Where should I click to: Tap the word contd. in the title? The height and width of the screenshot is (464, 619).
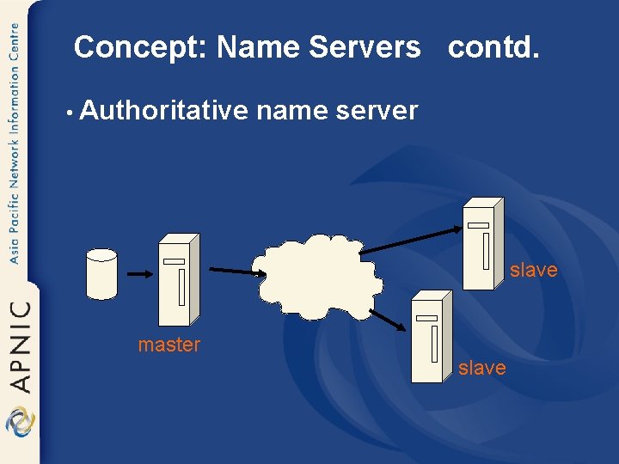pyautogui.click(x=494, y=47)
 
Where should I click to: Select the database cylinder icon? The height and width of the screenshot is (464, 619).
pyautogui.click(x=101, y=273)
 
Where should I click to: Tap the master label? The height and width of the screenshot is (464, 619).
pyautogui.click(x=169, y=345)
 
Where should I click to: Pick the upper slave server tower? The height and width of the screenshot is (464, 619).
pyautogui.click(x=482, y=244)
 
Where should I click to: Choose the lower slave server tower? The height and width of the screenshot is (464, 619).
pyautogui.click(x=431, y=336)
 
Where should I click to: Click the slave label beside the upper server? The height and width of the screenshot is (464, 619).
pyautogui.click(x=533, y=270)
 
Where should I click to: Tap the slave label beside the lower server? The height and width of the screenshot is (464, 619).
pyautogui.click(x=481, y=368)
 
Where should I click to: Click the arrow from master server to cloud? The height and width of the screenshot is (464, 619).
pyautogui.click(x=233, y=272)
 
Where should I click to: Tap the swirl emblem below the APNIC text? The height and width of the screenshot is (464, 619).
pyautogui.click(x=20, y=421)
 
